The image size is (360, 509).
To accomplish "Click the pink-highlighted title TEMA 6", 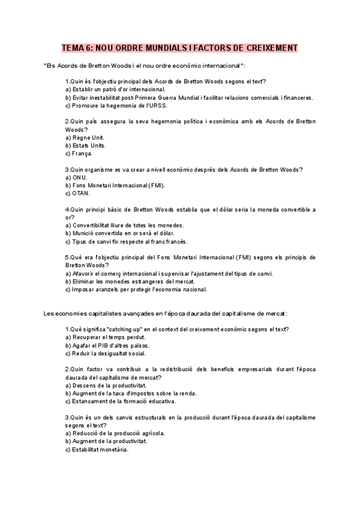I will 180,47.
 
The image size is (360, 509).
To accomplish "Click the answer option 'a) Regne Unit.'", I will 85,137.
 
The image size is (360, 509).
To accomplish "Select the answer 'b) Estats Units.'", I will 86,145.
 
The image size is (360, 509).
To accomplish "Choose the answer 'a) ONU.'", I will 76,178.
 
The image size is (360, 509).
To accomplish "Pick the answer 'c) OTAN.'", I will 77,193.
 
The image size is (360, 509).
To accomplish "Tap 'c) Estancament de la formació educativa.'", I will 120,401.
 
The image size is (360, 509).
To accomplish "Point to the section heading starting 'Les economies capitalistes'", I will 166,313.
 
